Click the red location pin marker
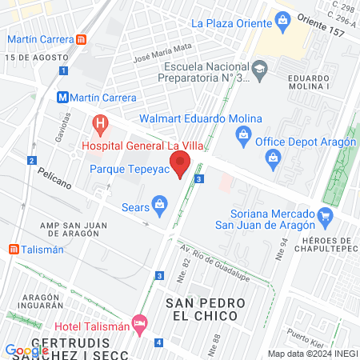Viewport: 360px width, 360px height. tap(180, 166)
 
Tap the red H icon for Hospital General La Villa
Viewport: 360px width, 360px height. tap(101, 124)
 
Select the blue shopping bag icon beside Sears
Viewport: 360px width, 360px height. tap(160, 206)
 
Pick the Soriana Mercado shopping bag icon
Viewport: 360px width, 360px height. tap(325, 216)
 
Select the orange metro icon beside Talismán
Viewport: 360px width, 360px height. tap(14, 249)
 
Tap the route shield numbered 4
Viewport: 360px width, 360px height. tap(158, 343)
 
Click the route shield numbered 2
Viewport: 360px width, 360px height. tap(32, 160)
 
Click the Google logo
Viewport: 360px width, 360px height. tap(26, 350)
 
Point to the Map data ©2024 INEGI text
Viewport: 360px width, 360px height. tap(311, 354)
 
